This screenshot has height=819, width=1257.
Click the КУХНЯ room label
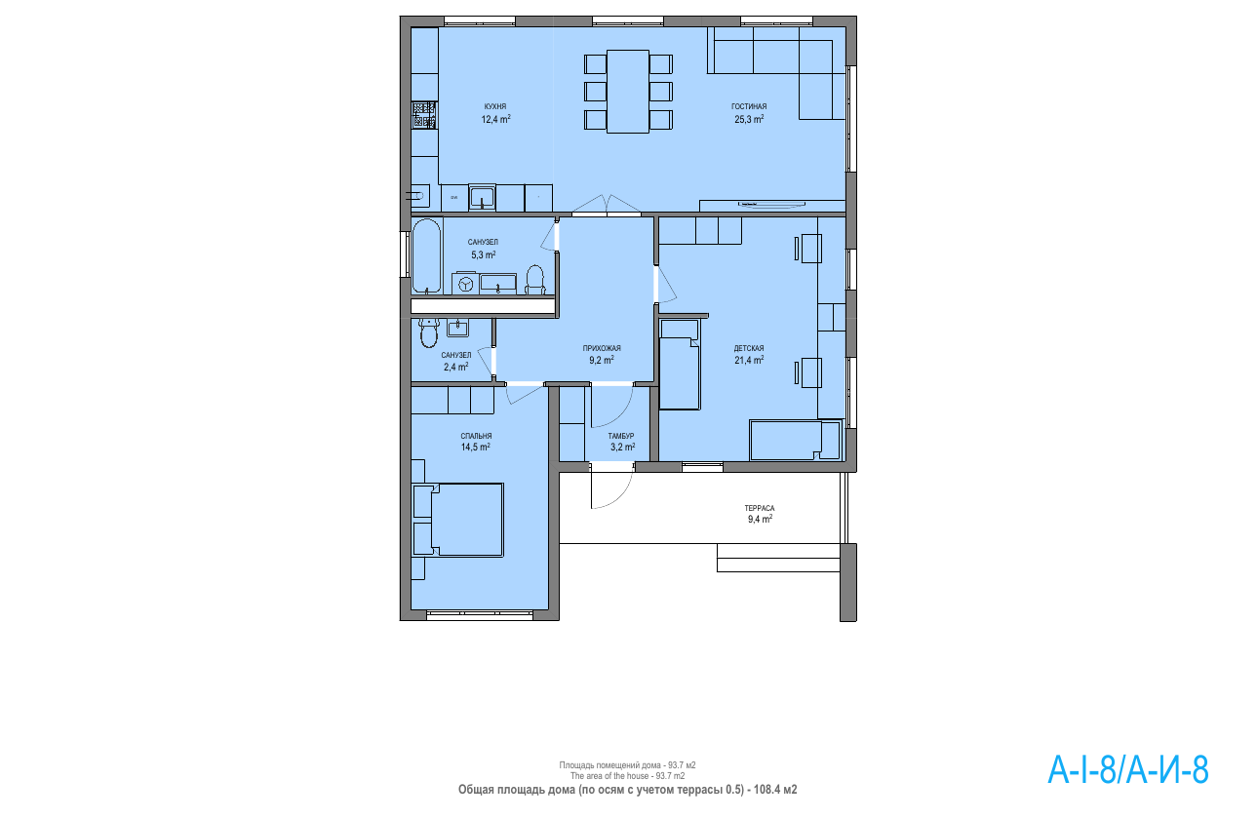[x=495, y=106]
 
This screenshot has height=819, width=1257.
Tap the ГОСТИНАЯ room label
[x=749, y=106]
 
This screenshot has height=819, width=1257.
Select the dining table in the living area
[x=628, y=92]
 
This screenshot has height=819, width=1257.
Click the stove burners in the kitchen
[x=424, y=116]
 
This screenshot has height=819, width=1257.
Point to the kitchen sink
[x=482, y=198]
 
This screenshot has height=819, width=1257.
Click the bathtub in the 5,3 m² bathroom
[x=427, y=256]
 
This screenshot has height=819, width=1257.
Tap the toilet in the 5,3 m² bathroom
[x=534, y=281]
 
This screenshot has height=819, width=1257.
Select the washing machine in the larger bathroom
[x=464, y=284]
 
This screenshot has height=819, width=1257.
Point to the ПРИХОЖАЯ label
[x=602, y=348]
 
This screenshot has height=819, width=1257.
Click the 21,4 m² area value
[x=749, y=360]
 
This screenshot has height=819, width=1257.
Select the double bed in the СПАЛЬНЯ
[x=458, y=520]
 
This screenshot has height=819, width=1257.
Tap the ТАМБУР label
[x=621, y=436]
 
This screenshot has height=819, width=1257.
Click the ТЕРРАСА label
[x=760, y=508]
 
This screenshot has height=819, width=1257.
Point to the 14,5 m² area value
[x=476, y=448]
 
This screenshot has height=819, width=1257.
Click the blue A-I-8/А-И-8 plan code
[x=1128, y=770]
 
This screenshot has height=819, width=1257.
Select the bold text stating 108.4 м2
[x=775, y=790]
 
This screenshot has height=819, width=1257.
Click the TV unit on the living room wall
[x=772, y=206]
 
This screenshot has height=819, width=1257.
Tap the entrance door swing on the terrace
[x=611, y=486]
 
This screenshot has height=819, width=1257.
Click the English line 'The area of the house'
[x=627, y=776]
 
